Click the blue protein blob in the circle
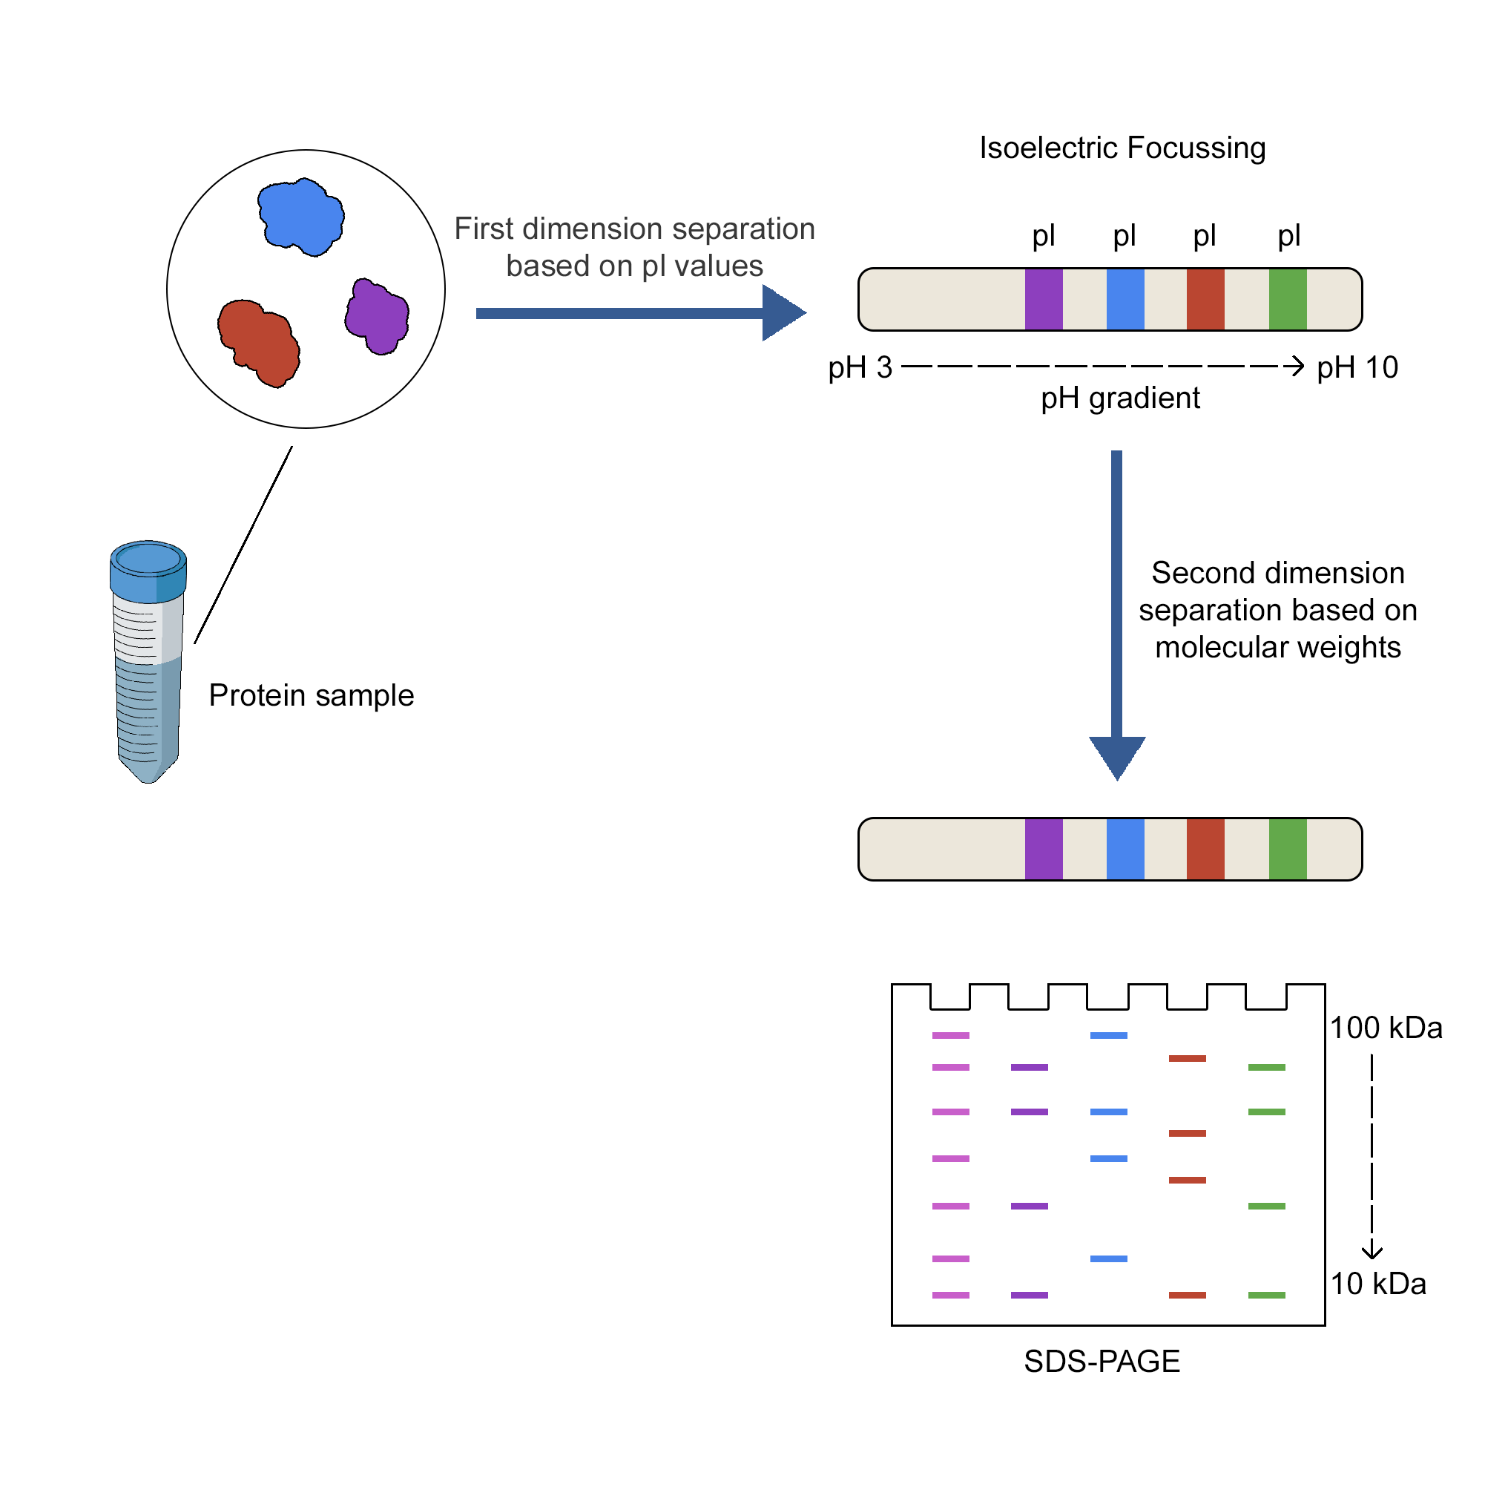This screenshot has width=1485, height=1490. pyautogui.click(x=300, y=217)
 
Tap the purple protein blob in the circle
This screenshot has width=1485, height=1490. pyautogui.click(x=377, y=316)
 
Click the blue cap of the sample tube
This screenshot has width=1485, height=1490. pyautogui.click(x=148, y=571)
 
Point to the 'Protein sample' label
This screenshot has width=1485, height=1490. pyautogui.click(x=312, y=695)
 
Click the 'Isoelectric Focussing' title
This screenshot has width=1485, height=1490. pyautogui.click(x=1122, y=148)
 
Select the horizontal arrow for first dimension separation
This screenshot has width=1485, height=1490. pyautogui.click(x=640, y=313)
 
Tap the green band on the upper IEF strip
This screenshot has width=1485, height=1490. pyautogui.click(x=1288, y=299)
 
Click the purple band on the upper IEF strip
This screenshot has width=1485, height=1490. pyautogui.click(x=1044, y=299)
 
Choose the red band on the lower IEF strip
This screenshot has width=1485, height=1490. pyautogui.click(x=1205, y=849)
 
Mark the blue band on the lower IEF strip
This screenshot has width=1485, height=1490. pyautogui.click(x=1125, y=849)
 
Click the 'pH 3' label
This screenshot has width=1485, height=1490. pyautogui.click(x=860, y=368)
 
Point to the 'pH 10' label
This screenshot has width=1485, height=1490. pyautogui.click(x=1357, y=368)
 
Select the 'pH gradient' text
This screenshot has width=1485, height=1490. pyautogui.click(x=1120, y=398)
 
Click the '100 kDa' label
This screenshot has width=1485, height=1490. pyautogui.click(x=1386, y=1028)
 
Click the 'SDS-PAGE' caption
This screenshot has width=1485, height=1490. pyautogui.click(x=1102, y=1362)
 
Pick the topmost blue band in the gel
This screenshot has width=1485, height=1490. pyautogui.click(x=1109, y=1036)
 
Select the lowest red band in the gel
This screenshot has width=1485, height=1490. pyautogui.click(x=1188, y=1296)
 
